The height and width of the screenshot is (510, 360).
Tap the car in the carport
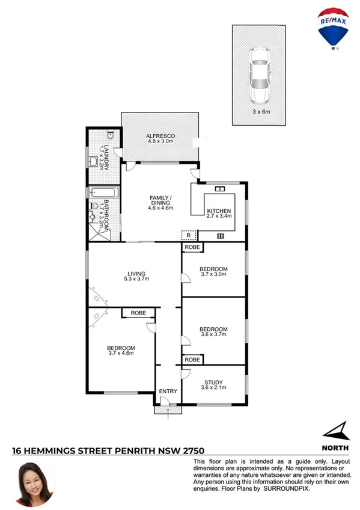pyautogui.click(x=259, y=75)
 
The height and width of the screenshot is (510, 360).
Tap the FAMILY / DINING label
pyautogui.click(x=160, y=201)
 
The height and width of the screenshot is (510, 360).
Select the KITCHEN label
pyautogui.click(x=219, y=211)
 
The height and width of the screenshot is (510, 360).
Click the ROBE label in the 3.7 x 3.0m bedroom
pyautogui.click(x=192, y=247)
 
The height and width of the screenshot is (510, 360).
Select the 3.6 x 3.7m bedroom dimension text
pyautogui.click(x=213, y=335)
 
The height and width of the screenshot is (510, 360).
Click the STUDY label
pyautogui.click(x=213, y=381)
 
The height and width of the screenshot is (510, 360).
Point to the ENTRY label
pyautogui.click(x=168, y=392)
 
